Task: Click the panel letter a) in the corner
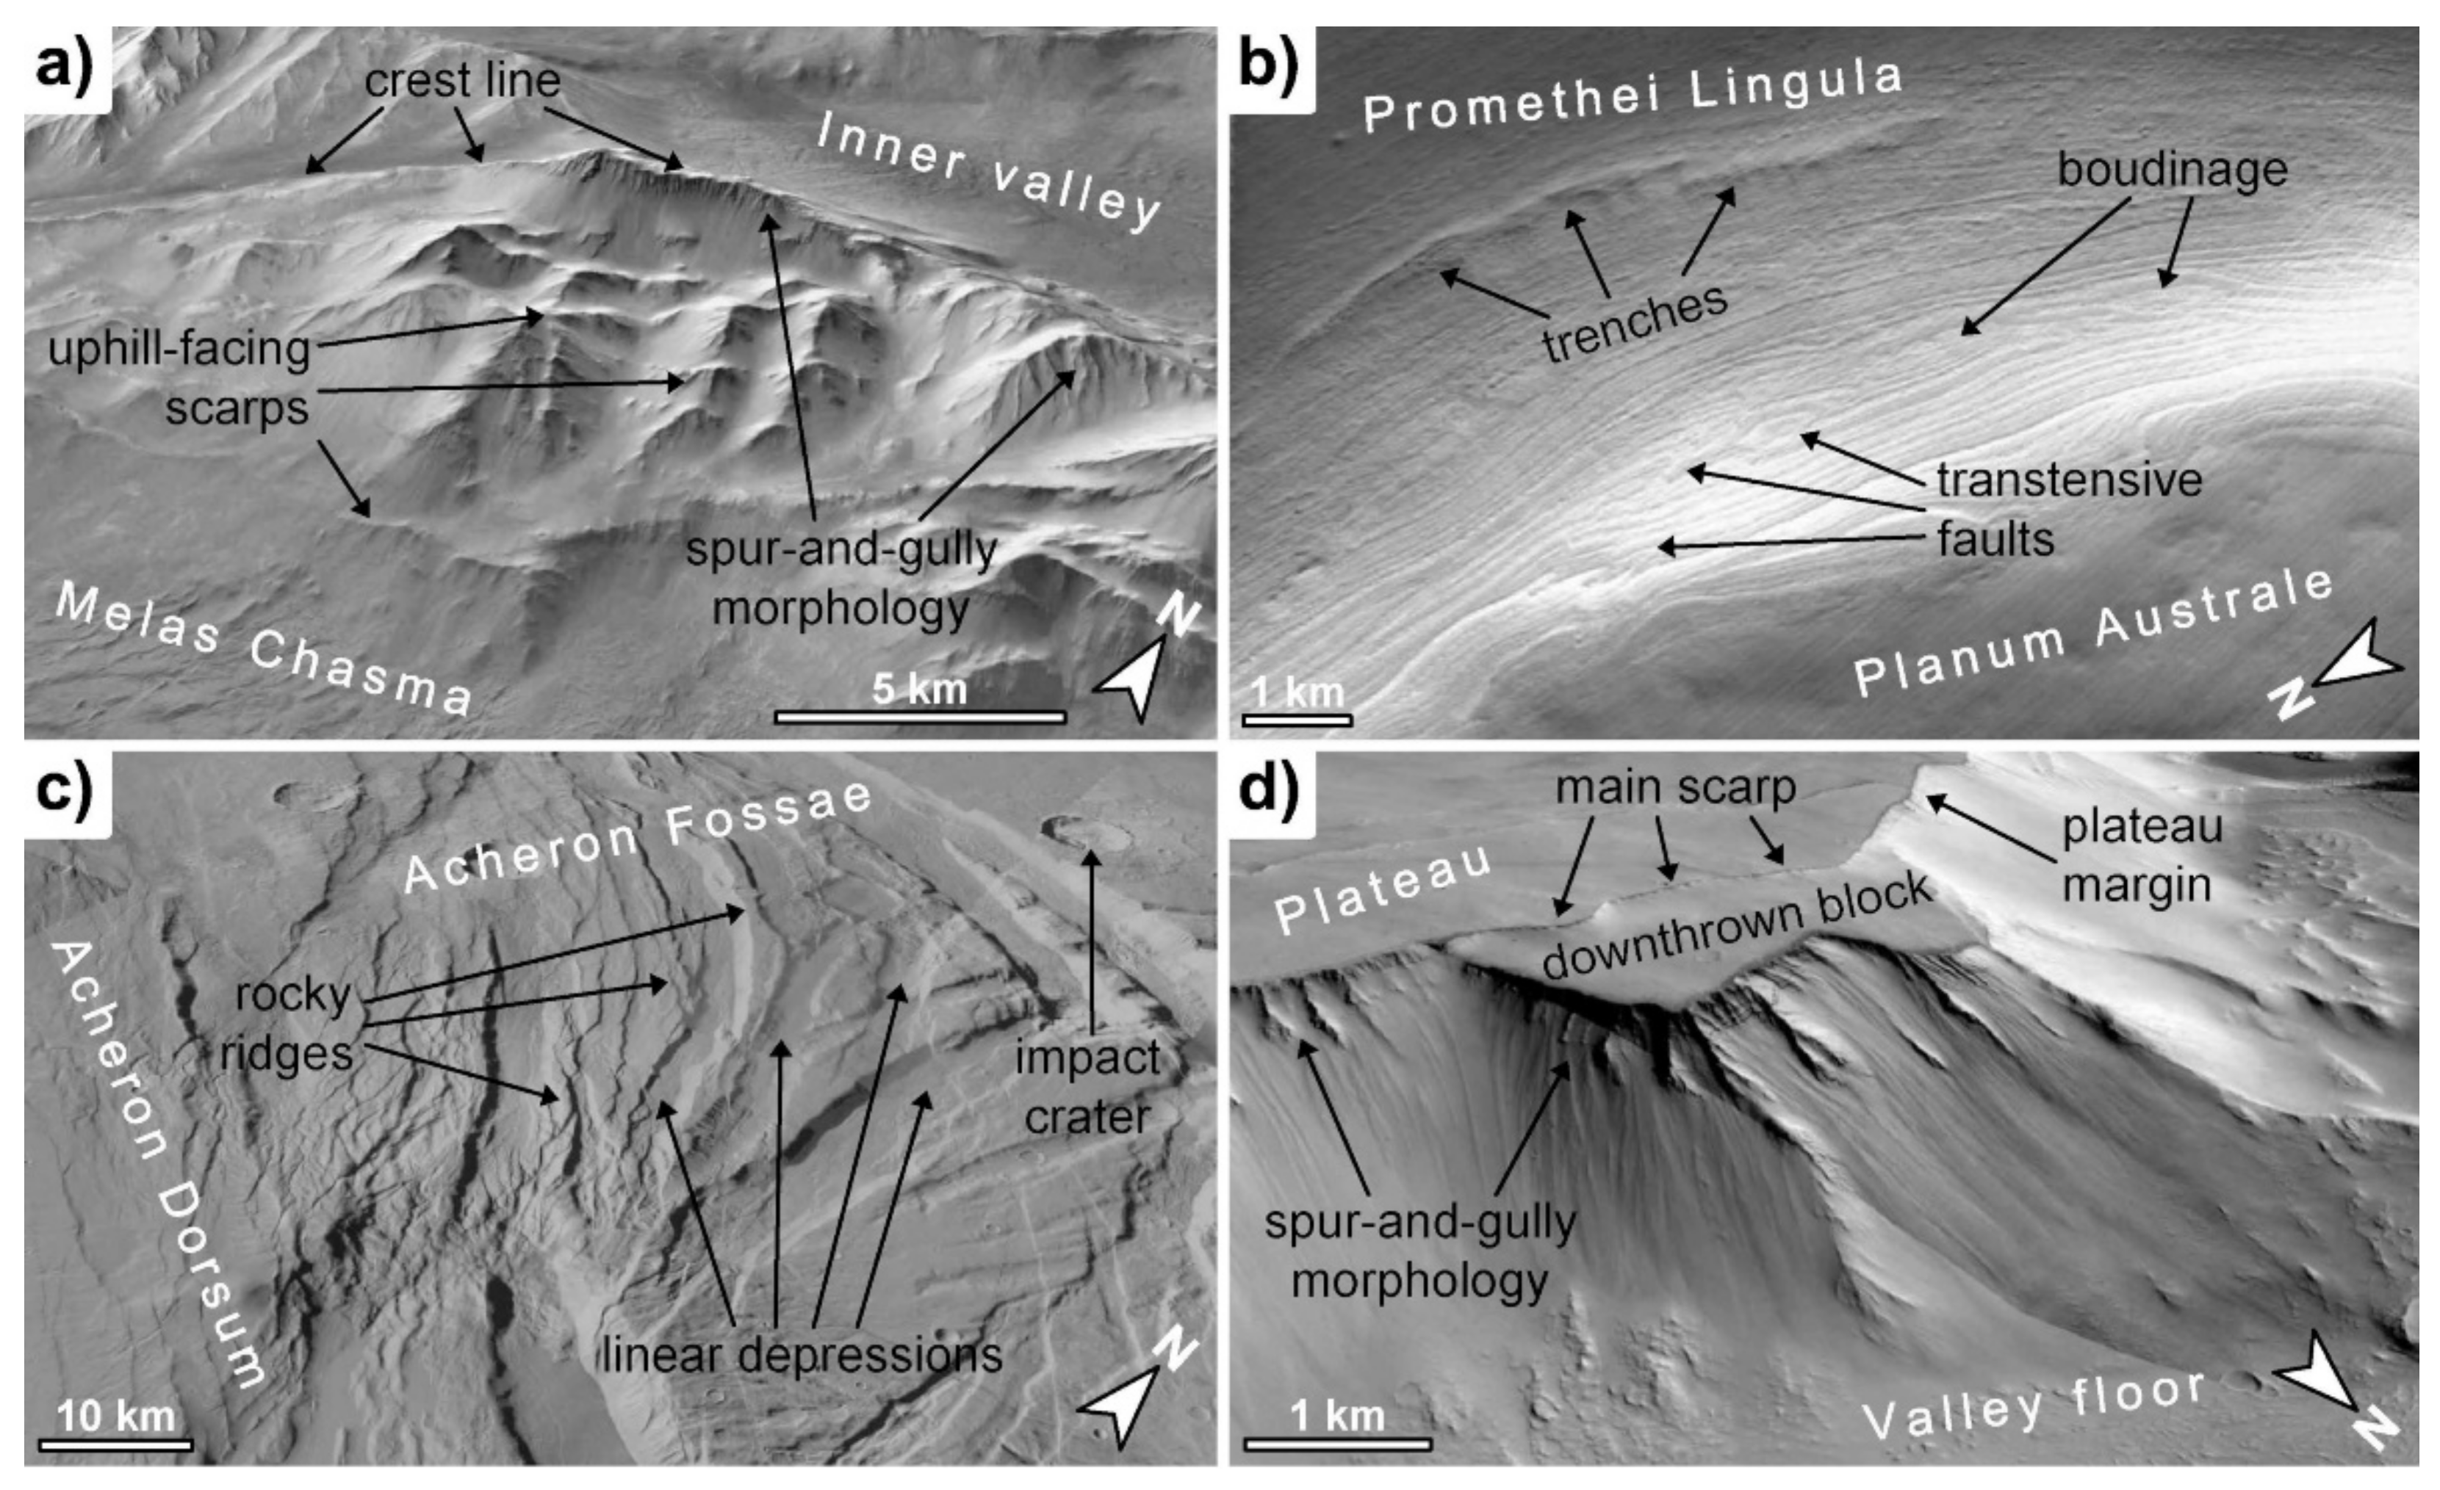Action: (65, 68)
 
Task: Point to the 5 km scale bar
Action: (920, 715)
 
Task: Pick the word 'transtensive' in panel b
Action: (2070, 480)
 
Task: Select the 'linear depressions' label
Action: (802, 1354)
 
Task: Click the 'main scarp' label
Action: (1675, 788)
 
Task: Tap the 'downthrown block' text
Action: (1736, 926)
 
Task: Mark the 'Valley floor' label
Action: (2034, 1406)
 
